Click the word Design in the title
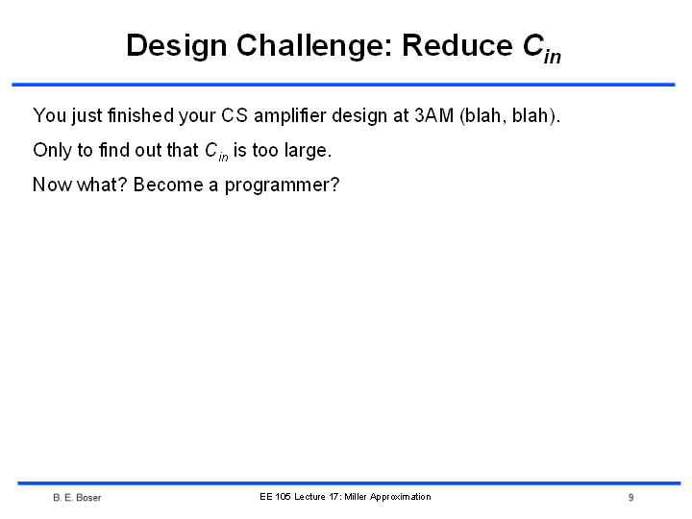177,46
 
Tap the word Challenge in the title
314,46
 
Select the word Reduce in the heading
457,45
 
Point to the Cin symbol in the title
542,48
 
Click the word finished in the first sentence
140,115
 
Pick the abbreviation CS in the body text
235,115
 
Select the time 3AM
434,115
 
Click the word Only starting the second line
52,151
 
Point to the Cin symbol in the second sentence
216,152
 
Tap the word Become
167,185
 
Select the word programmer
282,186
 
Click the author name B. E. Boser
77,498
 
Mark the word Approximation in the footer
400,498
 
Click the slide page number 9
631,498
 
